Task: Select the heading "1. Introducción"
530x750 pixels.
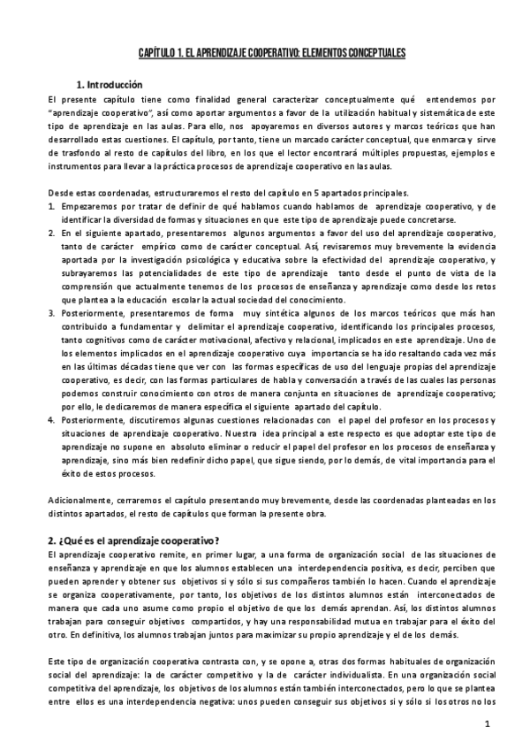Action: (109, 85)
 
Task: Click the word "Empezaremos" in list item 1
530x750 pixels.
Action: (91, 206)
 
